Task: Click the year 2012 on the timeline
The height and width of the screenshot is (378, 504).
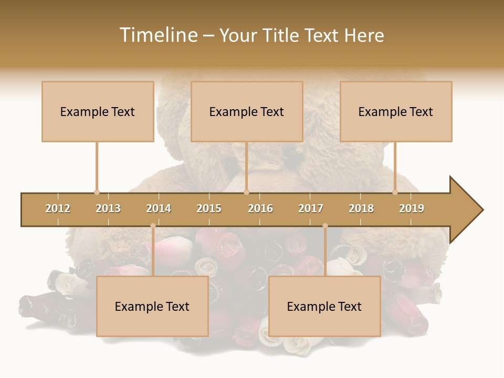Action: tap(58, 209)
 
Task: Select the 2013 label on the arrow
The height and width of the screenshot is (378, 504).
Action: tap(108, 209)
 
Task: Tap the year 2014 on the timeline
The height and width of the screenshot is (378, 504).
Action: tap(159, 209)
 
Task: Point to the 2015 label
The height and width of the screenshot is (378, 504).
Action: tap(209, 209)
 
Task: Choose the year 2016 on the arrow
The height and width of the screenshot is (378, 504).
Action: tap(260, 209)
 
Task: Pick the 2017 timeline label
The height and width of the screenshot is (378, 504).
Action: tap(311, 209)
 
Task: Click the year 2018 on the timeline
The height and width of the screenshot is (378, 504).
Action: tap(361, 209)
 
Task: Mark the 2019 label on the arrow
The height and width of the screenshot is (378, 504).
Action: tap(412, 209)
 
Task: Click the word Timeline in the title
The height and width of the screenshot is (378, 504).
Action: tap(158, 35)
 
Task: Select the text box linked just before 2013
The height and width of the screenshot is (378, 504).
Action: tap(98, 111)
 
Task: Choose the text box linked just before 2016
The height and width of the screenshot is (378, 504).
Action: tap(247, 111)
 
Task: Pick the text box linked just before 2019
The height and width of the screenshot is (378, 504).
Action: tap(396, 111)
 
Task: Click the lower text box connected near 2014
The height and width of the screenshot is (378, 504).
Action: tap(152, 306)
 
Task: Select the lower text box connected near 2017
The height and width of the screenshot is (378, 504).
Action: tap(324, 306)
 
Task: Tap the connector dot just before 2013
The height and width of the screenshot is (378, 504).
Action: tap(97, 192)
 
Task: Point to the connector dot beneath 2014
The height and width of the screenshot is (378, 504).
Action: tap(153, 226)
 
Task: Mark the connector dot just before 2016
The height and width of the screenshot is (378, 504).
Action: tap(246, 192)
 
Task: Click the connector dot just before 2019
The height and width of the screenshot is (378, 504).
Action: tap(395, 192)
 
